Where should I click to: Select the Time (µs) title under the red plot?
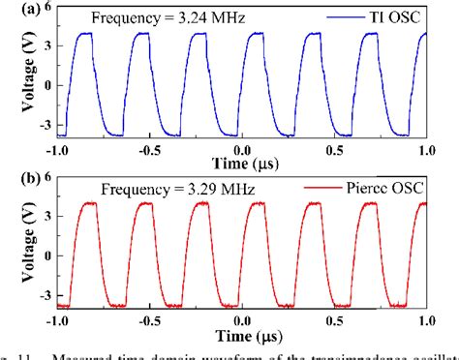pyautogui.click(x=244, y=336)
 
